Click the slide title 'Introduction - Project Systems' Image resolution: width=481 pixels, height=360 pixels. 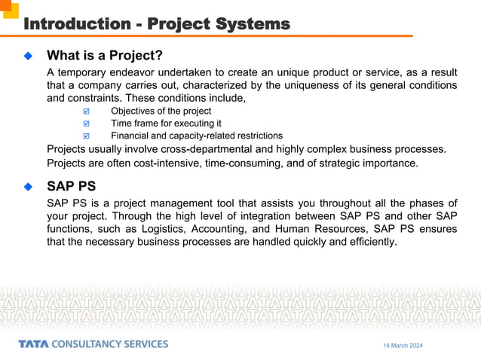click(157, 24)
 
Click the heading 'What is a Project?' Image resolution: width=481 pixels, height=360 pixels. click(105, 56)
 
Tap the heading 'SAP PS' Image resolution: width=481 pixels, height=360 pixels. click(71, 186)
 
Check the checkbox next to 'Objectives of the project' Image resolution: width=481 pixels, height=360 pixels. click(85, 111)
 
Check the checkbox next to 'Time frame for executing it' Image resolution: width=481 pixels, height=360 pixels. click(85, 124)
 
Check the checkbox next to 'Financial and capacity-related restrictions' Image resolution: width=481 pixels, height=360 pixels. click(85, 136)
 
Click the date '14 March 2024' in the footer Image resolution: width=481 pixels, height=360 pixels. click(403, 345)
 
